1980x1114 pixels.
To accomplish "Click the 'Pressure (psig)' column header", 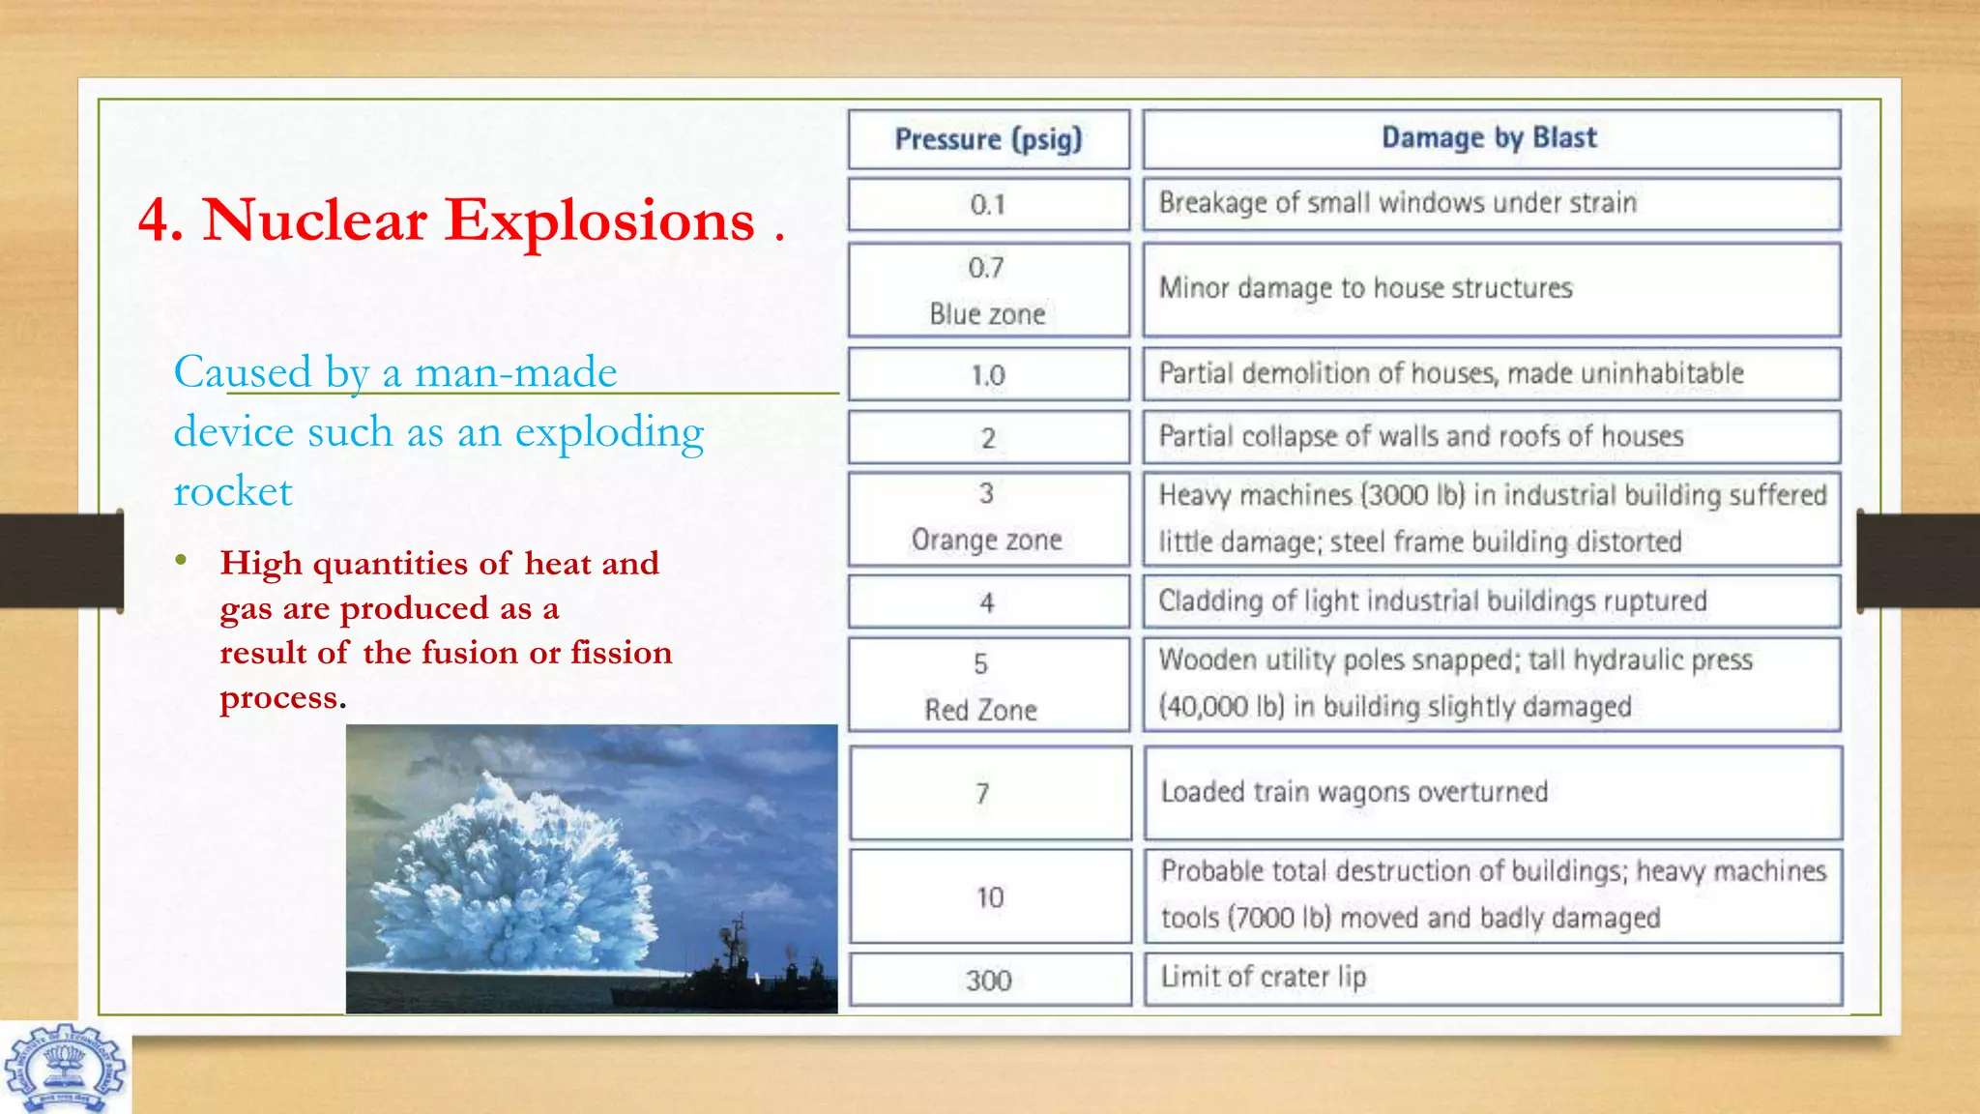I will (988, 139).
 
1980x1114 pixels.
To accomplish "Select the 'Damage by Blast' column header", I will (1489, 138).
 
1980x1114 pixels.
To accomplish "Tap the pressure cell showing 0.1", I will (988, 204).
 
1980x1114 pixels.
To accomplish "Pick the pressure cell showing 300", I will (988, 981).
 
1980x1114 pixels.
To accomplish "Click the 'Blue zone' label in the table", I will (987, 314).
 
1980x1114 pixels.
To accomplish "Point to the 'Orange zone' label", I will (986, 540).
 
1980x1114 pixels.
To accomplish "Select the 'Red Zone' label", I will (980, 710).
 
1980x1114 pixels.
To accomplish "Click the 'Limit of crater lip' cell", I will (1264, 978).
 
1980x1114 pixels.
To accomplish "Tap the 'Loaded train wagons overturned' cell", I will (1354, 792).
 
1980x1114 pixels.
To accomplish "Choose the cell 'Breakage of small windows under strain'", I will (1397, 203).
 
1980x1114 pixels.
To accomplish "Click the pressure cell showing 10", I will (989, 897).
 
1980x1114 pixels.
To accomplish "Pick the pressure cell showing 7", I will (982, 794).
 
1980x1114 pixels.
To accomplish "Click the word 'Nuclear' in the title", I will (314, 220).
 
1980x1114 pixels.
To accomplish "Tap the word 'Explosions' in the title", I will (599, 220).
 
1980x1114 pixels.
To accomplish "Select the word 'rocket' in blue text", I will (233, 491).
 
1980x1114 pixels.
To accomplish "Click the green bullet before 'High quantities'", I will (181, 560).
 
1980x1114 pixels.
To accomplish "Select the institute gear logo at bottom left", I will (65, 1070).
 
